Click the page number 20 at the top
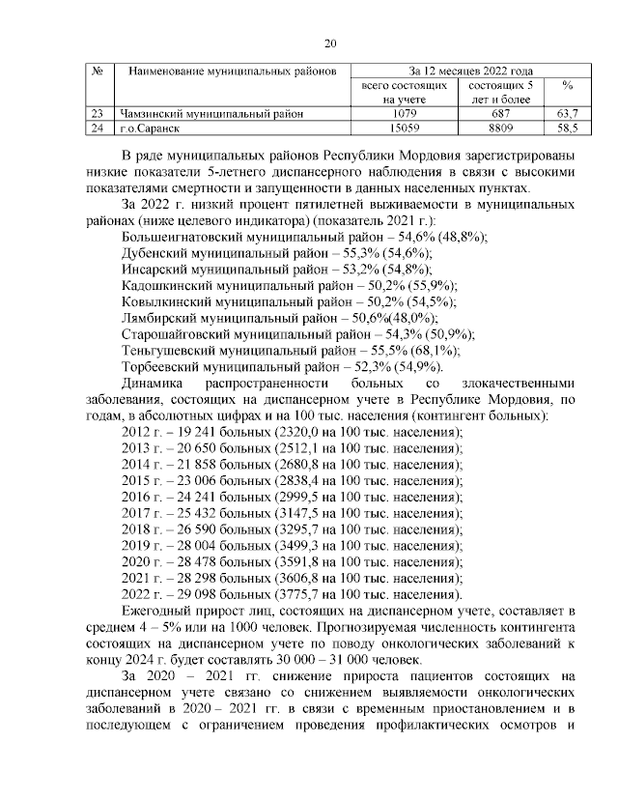(x=329, y=43)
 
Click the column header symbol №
(x=97, y=71)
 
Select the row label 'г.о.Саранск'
(x=151, y=128)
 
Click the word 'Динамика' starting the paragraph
(x=154, y=383)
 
